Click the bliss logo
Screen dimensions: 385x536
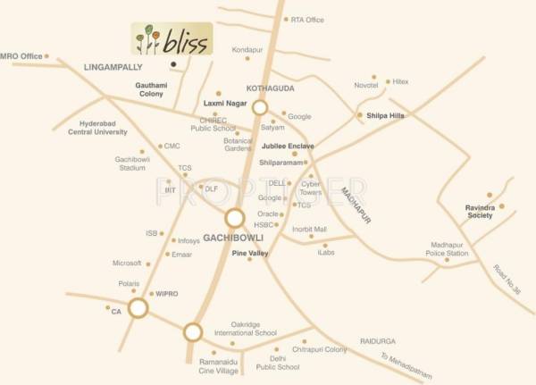(x=172, y=39)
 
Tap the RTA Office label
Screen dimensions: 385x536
(x=307, y=19)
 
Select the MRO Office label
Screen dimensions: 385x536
(x=21, y=56)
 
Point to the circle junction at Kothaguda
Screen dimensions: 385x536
(x=259, y=107)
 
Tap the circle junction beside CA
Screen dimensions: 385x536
(x=138, y=309)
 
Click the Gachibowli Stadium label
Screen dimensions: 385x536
(x=130, y=163)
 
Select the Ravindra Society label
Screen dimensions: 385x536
(x=486, y=213)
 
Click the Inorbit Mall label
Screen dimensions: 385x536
(x=308, y=229)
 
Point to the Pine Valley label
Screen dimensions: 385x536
(x=250, y=254)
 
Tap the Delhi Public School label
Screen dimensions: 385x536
(x=278, y=363)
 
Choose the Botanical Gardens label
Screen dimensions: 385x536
(x=238, y=145)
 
